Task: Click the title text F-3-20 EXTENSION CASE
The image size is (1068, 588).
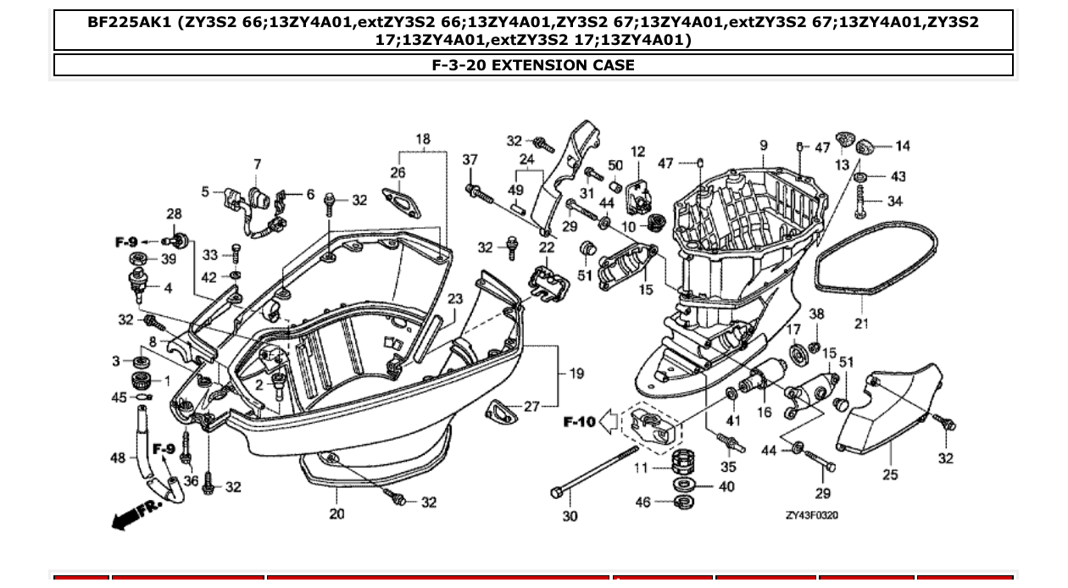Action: coord(533,65)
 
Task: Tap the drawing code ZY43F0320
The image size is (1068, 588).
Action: coord(812,515)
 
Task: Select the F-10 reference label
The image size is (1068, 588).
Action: coord(580,421)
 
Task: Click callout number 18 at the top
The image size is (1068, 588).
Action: coord(422,139)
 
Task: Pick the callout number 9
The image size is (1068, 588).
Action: coord(763,146)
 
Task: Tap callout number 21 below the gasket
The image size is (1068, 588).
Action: coord(861,324)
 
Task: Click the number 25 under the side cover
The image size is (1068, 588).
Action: coord(889,474)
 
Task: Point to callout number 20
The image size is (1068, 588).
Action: coord(337,513)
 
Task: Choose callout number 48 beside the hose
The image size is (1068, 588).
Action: coord(118,458)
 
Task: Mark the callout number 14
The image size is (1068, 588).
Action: coord(902,146)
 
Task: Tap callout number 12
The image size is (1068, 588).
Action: coord(637,152)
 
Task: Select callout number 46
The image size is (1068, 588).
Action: coord(642,502)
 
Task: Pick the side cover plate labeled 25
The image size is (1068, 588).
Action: coord(890,407)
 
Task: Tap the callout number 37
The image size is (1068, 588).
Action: coord(470,159)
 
